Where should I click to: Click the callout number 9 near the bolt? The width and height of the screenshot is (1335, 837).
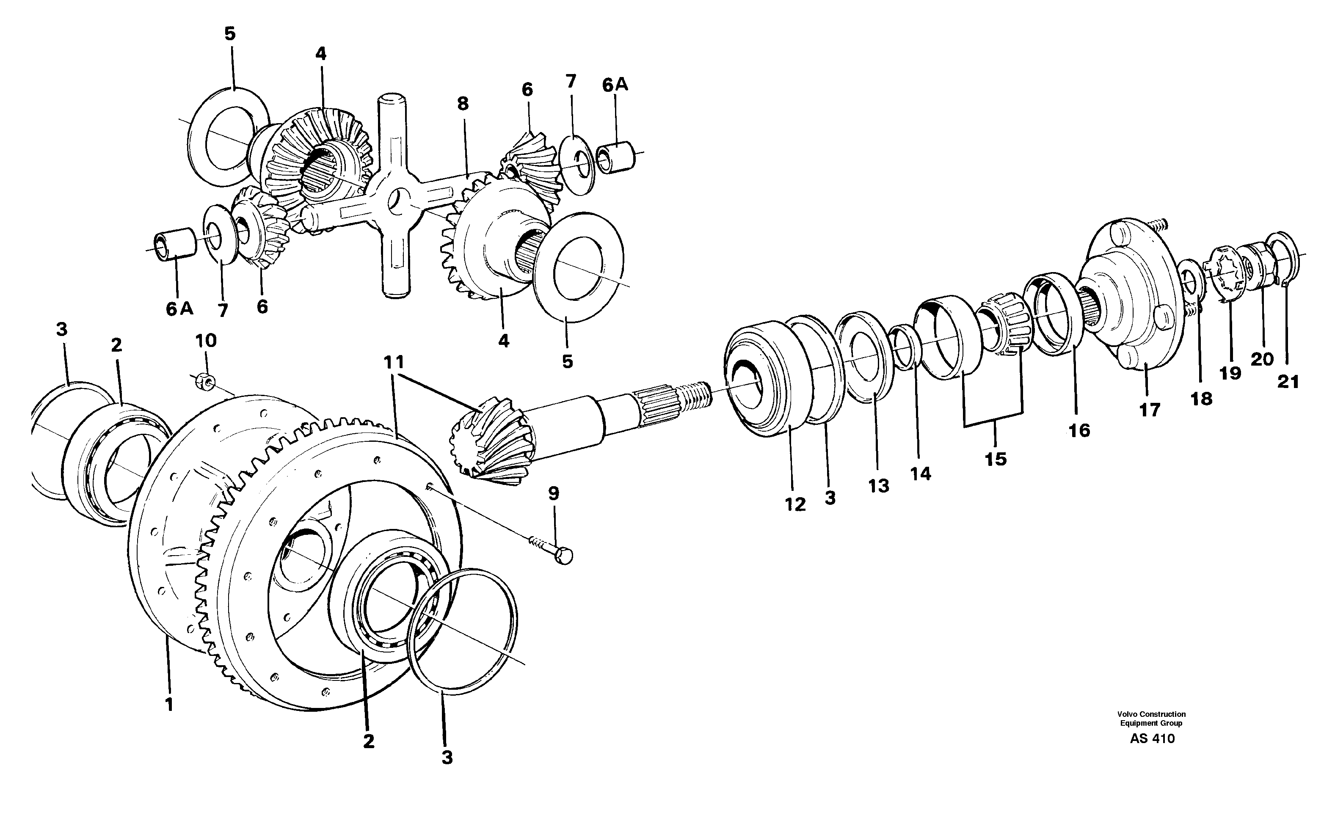coord(553,493)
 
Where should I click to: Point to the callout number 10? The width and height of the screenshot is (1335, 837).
coord(206,341)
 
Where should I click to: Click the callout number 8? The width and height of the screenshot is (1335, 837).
coord(463,104)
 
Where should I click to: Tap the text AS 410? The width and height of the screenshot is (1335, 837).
coord(1152,738)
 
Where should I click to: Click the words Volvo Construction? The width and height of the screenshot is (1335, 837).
coord(1151,714)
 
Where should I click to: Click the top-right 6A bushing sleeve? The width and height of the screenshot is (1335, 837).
coord(616,158)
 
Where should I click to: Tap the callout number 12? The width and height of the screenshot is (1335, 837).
coord(795,504)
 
